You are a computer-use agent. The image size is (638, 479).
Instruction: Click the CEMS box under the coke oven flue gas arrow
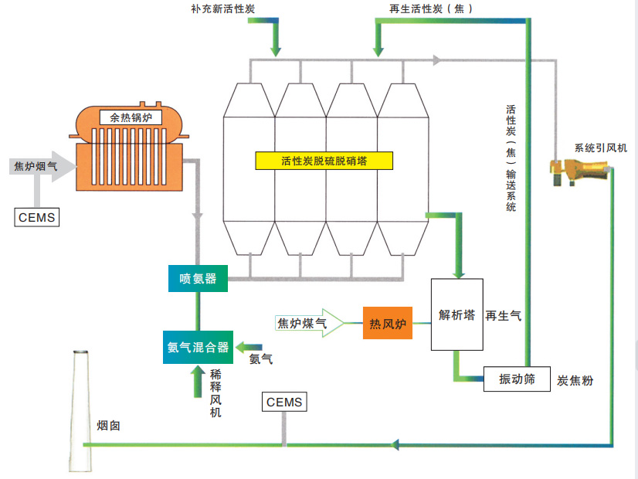[36, 217]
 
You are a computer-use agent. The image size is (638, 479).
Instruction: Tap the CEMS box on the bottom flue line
[284, 403]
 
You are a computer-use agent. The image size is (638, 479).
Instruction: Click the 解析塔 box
[456, 314]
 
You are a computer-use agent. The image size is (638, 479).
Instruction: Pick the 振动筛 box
[517, 379]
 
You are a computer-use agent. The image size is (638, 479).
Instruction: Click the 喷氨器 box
[199, 279]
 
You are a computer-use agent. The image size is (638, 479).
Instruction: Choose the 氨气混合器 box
[199, 347]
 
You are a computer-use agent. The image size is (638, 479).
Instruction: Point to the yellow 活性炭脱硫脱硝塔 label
[324, 161]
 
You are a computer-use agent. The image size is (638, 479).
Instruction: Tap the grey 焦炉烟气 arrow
[43, 166]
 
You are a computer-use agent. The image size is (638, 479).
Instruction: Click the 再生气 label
[503, 315]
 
